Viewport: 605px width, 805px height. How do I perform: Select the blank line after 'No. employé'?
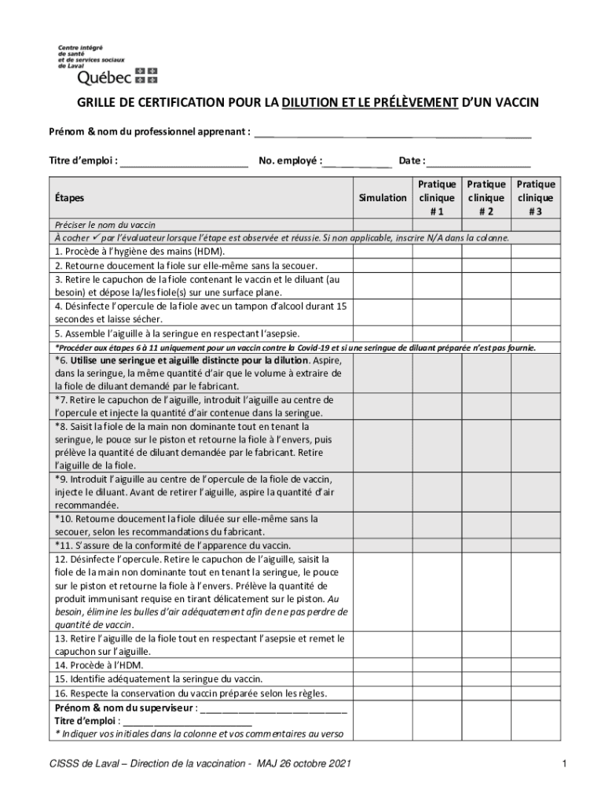click(x=357, y=162)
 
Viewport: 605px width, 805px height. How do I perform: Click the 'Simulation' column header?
click(x=382, y=198)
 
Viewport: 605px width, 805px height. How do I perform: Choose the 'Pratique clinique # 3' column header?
click(x=534, y=198)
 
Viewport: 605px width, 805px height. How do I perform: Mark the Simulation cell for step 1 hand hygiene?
click(x=382, y=252)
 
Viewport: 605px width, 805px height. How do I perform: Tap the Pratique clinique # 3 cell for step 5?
click(x=534, y=333)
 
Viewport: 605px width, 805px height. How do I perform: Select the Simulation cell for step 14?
click(x=382, y=665)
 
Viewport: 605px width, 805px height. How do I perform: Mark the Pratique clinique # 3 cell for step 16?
click(x=534, y=693)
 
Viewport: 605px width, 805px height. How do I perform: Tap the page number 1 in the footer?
click(x=564, y=764)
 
